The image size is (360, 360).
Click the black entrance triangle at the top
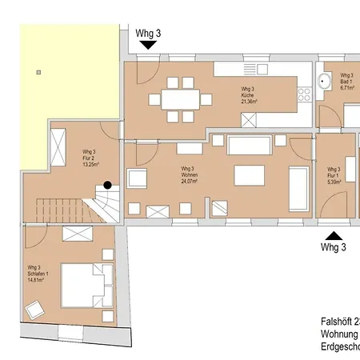coord(148,46)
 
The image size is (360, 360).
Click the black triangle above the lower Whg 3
coord(333,235)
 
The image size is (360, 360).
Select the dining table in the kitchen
coord(180,99)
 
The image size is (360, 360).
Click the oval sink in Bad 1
coord(326,81)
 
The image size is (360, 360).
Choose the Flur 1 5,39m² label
coord(334,175)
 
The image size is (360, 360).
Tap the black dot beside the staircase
coord(107,185)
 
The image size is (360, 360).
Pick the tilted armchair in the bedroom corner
coord(36,309)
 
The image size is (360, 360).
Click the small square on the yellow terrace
coord(37,73)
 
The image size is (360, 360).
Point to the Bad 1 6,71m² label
coord(346,82)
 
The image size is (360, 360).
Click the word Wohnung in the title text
coord(332,333)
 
